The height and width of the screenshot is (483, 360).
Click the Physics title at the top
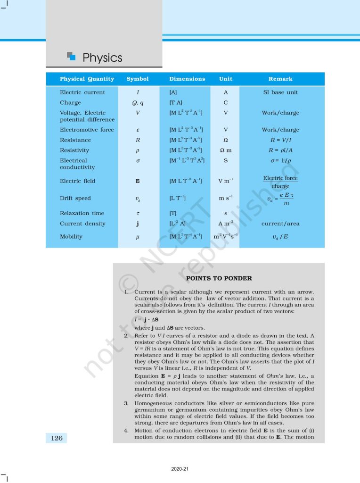coord(102,58)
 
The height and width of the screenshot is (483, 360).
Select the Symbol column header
coord(137,79)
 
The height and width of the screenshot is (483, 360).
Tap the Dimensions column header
coord(187,79)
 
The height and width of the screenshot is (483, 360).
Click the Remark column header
coord(280,79)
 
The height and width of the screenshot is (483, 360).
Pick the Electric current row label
coord(82,92)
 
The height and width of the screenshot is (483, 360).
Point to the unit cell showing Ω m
coord(226,150)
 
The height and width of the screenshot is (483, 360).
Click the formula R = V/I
coord(280,140)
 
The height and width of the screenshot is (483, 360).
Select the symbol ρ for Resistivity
coord(137,150)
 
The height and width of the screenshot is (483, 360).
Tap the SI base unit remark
coord(280,92)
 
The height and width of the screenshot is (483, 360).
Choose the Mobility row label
coord(71,237)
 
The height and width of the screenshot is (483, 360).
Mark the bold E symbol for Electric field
coord(137,181)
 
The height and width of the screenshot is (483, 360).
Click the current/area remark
coord(280,224)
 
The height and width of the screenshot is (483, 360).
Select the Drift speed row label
coord(75,199)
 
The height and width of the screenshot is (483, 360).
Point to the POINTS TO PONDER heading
coord(219,278)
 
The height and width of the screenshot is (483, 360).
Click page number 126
coord(57,438)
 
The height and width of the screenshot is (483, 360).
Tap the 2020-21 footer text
coord(180,469)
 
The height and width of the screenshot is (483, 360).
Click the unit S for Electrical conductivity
coord(226,161)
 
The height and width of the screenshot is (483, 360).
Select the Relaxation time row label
coord(82,213)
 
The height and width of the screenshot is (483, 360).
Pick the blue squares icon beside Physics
coord(71,57)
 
